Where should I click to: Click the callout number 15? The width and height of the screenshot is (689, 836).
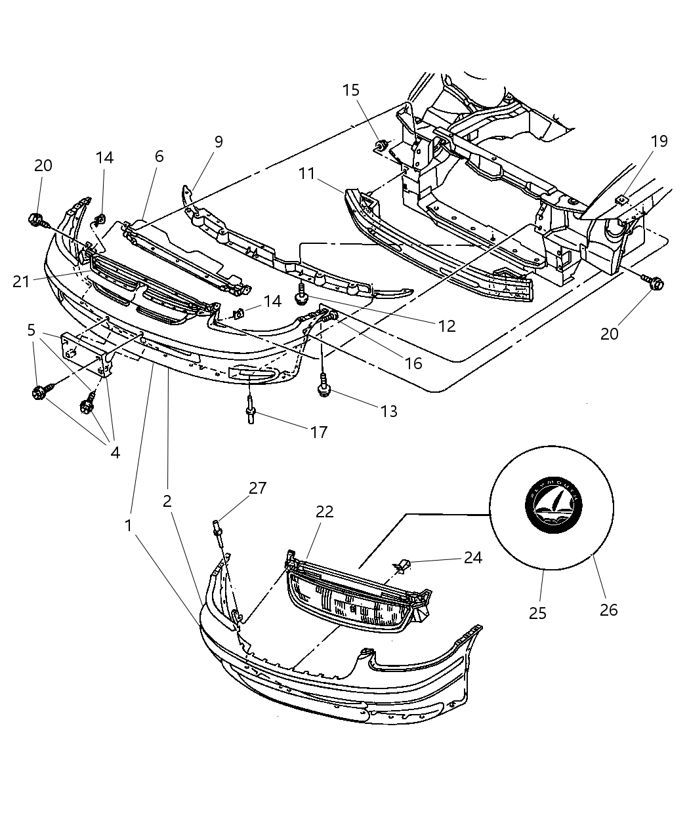[351, 90]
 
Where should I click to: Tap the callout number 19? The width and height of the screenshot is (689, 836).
[659, 141]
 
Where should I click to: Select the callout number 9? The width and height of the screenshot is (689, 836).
[219, 142]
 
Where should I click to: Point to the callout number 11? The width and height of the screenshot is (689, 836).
[307, 174]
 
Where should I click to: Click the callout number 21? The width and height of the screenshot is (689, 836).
[22, 281]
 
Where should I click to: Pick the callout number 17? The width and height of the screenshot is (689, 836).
[320, 431]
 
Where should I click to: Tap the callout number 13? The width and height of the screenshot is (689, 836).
[388, 411]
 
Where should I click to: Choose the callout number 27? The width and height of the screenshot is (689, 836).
[257, 488]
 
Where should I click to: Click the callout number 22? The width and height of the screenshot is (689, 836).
[324, 511]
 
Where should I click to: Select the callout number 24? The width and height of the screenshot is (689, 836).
[472, 557]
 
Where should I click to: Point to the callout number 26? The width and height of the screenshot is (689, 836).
[608, 610]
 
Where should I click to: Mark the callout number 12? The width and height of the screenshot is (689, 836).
[446, 326]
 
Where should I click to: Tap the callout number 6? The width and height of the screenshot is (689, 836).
[159, 156]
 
